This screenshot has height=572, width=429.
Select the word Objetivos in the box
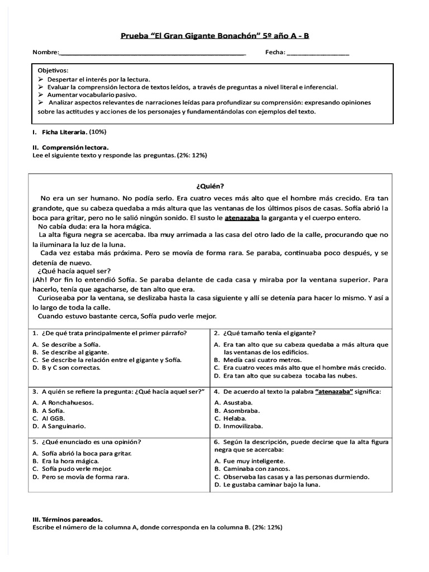[53, 70]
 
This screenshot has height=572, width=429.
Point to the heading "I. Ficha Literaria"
[61, 132]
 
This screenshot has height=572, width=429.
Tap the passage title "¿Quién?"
[214, 186]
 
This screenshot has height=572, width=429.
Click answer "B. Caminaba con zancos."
[252, 469]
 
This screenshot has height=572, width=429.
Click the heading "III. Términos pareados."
[67, 519]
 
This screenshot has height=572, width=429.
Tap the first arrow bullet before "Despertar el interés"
[41, 79]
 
